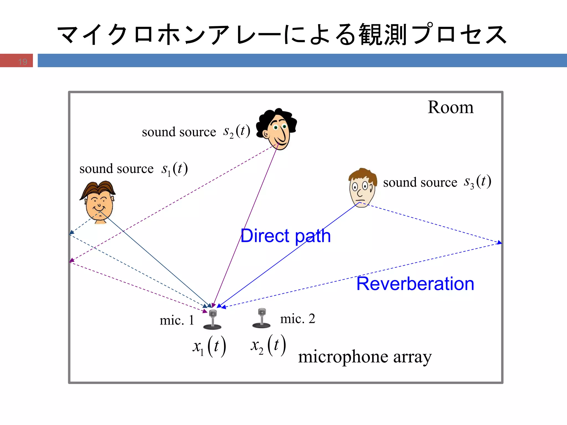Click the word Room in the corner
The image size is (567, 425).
(450, 107)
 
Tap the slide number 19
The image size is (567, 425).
(23, 61)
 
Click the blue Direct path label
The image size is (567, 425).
(285, 236)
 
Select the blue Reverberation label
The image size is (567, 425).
(415, 284)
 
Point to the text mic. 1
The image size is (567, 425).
(177, 320)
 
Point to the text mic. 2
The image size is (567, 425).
(297, 319)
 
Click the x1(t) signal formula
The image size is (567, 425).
(209, 346)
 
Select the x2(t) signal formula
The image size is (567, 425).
(268, 345)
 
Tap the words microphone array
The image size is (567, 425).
(365, 357)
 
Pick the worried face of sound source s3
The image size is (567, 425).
(362, 188)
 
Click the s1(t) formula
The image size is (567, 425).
(175, 169)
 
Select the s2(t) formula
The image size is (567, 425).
(237, 131)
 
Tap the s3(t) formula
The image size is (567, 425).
(478, 182)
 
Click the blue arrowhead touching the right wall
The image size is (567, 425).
(499, 243)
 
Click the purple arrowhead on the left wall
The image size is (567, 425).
(71, 260)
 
